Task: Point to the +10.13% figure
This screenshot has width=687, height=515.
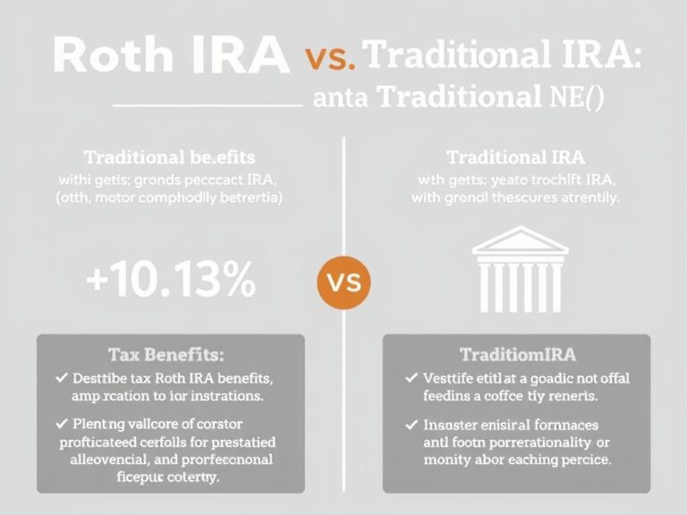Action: click(x=171, y=281)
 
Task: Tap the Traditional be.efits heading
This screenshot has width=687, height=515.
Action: click(x=169, y=158)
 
